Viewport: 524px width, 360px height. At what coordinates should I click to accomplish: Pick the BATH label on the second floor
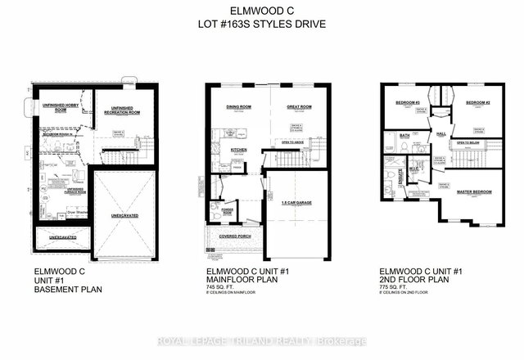coord(404,136)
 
